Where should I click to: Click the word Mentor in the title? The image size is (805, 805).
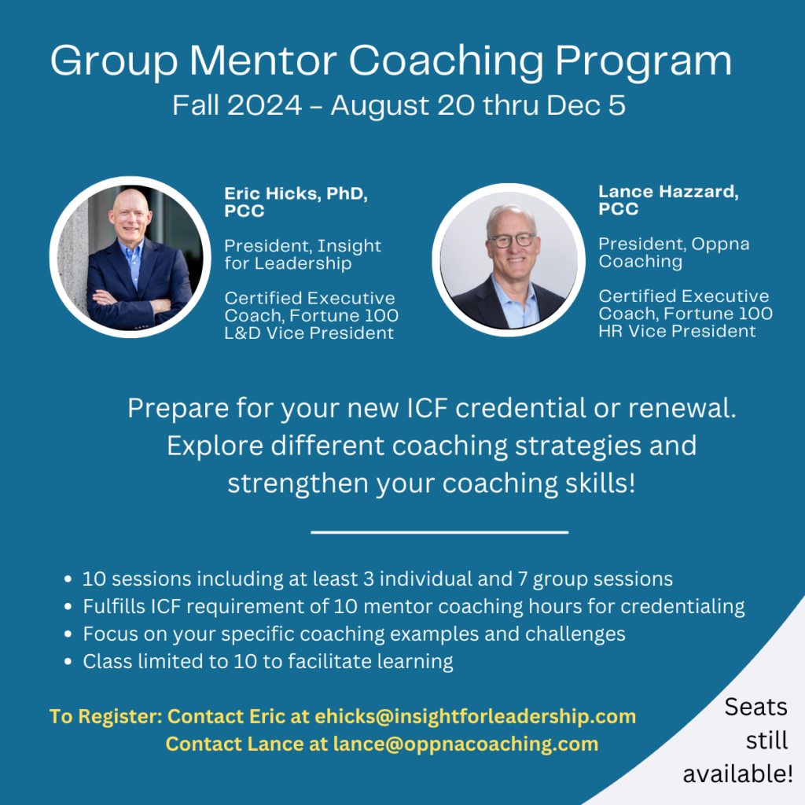tap(263, 61)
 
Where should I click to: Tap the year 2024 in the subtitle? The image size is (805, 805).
tap(264, 106)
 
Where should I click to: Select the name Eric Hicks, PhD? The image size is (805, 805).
tap(296, 193)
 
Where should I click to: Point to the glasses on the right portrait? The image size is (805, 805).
tap(512, 240)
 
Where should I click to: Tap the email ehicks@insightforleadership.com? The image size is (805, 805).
tap(475, 716)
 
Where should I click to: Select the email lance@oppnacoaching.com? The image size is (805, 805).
tap(465, 744)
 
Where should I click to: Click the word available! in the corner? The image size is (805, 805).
tap(737, 774)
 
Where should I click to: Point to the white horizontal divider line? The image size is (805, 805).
tap(439, 532)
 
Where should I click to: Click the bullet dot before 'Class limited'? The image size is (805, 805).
tap(68, 662)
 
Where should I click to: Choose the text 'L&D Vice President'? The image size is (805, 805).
tap(309, 333)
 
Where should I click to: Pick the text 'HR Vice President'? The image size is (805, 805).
tap(677, 331)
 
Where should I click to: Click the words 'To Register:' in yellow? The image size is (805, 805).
tap(106, 717)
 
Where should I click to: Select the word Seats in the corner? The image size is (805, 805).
tap(755, 708)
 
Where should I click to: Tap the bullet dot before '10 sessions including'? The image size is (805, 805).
tap(68, 579)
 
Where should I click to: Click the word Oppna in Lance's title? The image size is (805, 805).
tap(720, 244)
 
